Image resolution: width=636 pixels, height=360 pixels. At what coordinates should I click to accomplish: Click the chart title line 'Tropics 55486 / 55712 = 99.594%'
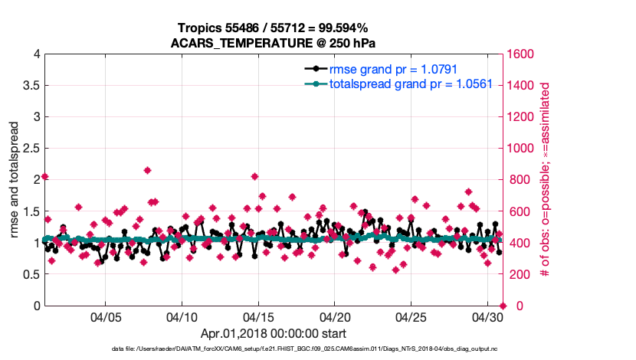coord(273,28)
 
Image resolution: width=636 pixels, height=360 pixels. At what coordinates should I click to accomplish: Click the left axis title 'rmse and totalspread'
coord(15,180)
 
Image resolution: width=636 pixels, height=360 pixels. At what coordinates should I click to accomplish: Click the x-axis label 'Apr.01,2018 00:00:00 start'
coord(273,334)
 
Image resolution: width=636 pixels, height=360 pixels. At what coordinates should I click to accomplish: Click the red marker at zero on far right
coord(503,306)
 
